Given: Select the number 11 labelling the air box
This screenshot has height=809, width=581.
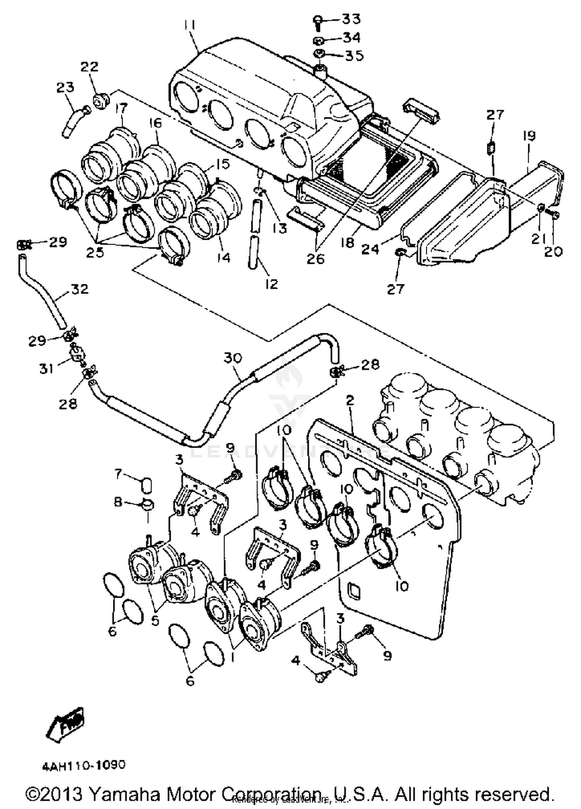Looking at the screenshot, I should click(189, 26).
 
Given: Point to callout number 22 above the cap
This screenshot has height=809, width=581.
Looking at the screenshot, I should click(89, 67).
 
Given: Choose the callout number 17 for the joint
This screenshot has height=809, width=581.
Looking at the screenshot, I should click(121, 107).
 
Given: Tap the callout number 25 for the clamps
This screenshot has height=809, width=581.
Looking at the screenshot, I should click(95, 253).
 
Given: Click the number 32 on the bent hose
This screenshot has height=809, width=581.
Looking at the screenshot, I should click(79, 289).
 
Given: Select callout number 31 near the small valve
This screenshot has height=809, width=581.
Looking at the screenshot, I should click(46, 368).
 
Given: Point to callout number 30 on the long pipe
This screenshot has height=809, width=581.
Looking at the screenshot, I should click(233, 358).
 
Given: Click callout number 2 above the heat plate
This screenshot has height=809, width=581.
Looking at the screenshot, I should click(350, 401).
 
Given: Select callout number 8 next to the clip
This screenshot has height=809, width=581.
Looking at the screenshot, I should click(118, 503).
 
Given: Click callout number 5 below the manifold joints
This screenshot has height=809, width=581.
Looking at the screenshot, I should click(155, 621).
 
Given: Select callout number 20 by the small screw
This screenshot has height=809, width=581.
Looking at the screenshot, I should click(553, 252).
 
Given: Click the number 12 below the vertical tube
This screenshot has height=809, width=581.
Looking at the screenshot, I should click(272, 284).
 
